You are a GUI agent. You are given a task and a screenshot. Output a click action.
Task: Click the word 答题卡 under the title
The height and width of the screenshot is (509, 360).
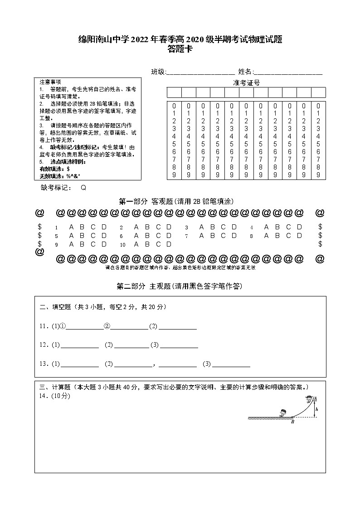(180, 50)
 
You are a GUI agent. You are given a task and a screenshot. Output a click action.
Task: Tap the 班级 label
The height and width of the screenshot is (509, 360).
(158, 72)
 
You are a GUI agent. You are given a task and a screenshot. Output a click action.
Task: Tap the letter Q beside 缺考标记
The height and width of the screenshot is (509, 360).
(83, 188)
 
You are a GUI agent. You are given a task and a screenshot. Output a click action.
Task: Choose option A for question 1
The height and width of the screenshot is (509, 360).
(71, 227)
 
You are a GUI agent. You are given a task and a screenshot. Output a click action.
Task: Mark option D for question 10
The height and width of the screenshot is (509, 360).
(169, 244)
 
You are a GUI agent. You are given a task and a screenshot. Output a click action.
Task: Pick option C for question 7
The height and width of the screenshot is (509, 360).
(223, 236)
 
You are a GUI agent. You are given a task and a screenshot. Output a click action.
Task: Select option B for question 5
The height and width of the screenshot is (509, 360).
(82, 236)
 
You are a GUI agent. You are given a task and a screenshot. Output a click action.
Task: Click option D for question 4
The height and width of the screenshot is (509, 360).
(300, 227)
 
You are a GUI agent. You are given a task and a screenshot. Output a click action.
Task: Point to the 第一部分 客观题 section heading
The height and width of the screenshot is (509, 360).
(176, 201)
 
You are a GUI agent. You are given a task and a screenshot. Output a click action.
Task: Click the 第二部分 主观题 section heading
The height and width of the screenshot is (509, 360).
(180, 286)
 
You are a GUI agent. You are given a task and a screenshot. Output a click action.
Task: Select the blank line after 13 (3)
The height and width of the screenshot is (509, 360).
(231, 364)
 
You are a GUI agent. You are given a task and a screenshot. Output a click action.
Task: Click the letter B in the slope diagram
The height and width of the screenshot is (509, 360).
(293, 422)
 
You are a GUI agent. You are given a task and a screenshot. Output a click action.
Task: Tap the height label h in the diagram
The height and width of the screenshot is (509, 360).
(317, 409)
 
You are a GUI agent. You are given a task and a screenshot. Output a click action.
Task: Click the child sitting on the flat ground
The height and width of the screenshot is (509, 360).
(282, 412)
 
